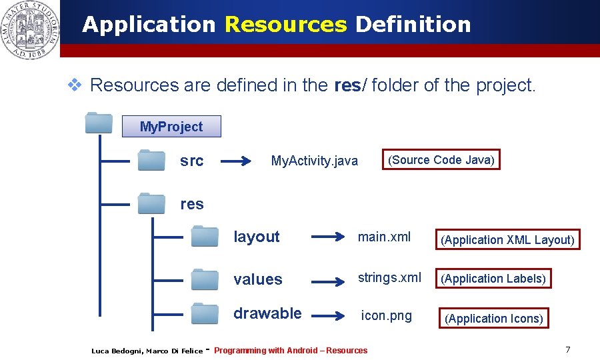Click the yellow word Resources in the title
(x=285, y=25)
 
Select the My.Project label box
(x=171, y=126)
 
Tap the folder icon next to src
(x=151, y=161)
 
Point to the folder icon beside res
(x=151, y=203)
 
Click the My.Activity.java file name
(x=314, y=161)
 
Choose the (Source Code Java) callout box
(x=441, y=160)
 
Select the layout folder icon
(x=205, y=236)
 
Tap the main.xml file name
(x=384, y=237)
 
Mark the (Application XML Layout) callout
(x=507, y=239)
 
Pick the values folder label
(x=257, y=279)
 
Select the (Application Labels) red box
(x=493, y=279)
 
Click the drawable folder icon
(x=205, y=313)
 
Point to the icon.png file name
(x=386, y=315)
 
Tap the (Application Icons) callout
(x=493, y=319)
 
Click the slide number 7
(x=567, y=350)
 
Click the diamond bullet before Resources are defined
(x=75, y=85)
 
